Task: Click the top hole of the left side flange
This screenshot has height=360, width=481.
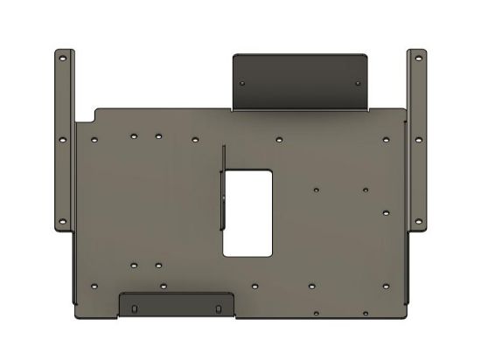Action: pos(62,58)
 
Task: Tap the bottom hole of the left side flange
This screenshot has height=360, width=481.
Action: pos(62,218)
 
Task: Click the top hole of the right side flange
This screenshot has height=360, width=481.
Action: pos(418,58)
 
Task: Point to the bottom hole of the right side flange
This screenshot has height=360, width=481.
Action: pos(418,218)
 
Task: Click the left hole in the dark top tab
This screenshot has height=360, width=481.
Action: pos(243,81)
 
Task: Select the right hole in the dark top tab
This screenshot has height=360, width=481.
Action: pos(359,81)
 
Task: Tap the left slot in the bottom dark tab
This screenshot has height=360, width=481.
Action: pos(133,308)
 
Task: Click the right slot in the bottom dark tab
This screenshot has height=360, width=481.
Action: pos(216,308)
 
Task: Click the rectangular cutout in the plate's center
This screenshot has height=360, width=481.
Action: pos(249,212)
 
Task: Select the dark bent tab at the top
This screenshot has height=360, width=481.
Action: pos(301,81)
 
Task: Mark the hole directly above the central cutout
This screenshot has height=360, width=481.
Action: pos(277,138)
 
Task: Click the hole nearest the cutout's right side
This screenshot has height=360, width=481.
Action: pos(316,189)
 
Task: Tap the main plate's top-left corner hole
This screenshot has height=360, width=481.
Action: pos(93,138)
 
